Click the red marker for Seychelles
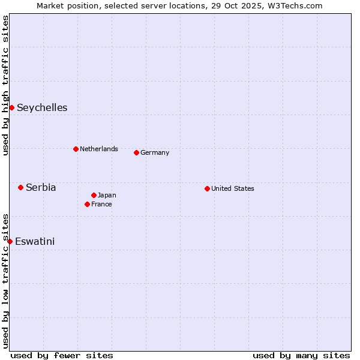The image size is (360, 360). pyautogui.click(x=11, y=107)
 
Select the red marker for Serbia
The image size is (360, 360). pyautogui.click(x=20, y=187)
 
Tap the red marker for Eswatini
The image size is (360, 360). pyautogui.click(x=10, y=241)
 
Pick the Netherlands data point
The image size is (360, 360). pyautogui.click(x=76, y=149)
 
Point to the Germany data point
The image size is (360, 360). pyautogui.click(x=136, y=152)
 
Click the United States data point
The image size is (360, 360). pyautogui.click(x=207, y=188)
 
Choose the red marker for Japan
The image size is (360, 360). pyautogui.click(x=94, y=195)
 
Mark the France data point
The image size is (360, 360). pyautogui.click(x=87, y=204)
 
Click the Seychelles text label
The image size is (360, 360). pyautogui.click(x=42, y=108)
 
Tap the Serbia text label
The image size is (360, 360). pyautogui.click(x=41, y=188)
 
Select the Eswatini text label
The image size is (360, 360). pyautogui.click(x=35, y=242)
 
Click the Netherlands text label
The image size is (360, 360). pyautogui.click(x=99, y=149)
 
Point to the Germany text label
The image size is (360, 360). pyautogui.click(x=155, y=152)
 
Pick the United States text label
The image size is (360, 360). pyautogui.click(x=233, y=188)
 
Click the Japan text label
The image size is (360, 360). pyautogui.click(x=107, y=195)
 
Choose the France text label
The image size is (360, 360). pyautogui.click(x=101, y=204)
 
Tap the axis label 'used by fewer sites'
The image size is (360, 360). pyautogui.click(x=62, y=355)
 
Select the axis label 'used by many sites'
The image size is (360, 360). pyautogui.click(x=301, y=355)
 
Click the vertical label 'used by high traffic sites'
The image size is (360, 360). pyautogui.click(x=5, y=85)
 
